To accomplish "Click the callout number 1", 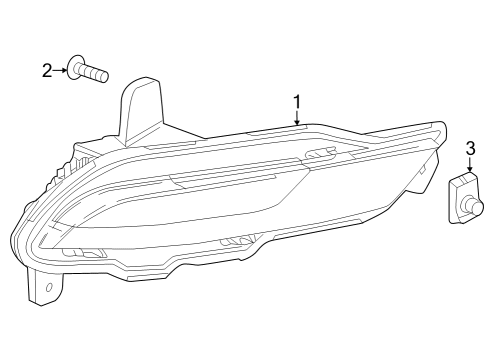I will click(x=297, y=100).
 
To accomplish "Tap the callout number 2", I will click(x=47, y=70).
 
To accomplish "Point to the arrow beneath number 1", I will click(x=297, y=118).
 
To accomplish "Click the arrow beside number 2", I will click(x=61, y=70).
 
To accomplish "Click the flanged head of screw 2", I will click(x=77, y=70).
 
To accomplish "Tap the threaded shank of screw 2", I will click(x=97, y=73).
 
